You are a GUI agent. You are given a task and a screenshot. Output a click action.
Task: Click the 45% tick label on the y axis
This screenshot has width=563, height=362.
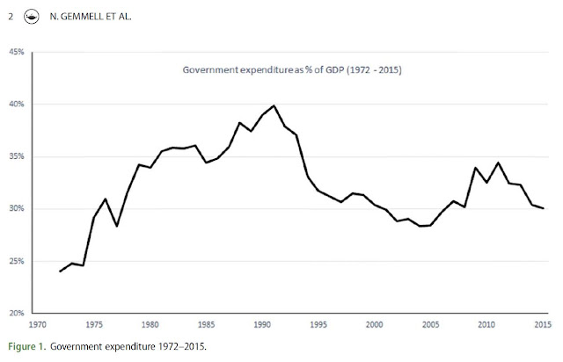[17, 53]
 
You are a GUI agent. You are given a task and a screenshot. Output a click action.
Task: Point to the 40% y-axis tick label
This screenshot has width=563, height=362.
[17, 105]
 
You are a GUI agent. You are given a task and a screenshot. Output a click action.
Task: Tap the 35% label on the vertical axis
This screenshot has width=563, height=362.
[17, 157]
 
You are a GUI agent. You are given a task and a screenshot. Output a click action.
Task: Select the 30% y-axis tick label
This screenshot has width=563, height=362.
[17, 209]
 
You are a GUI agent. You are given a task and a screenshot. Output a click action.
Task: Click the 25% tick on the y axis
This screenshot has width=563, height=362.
[17, 262]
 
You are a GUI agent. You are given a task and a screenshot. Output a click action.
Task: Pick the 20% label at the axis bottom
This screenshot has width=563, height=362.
[17, 314]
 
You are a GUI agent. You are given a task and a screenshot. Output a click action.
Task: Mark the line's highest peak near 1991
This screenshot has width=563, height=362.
[274, 106]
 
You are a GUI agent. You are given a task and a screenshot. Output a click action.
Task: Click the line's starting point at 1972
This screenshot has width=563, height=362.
[60, 271]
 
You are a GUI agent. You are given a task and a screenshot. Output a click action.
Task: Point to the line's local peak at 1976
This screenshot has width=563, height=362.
[105, 199]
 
